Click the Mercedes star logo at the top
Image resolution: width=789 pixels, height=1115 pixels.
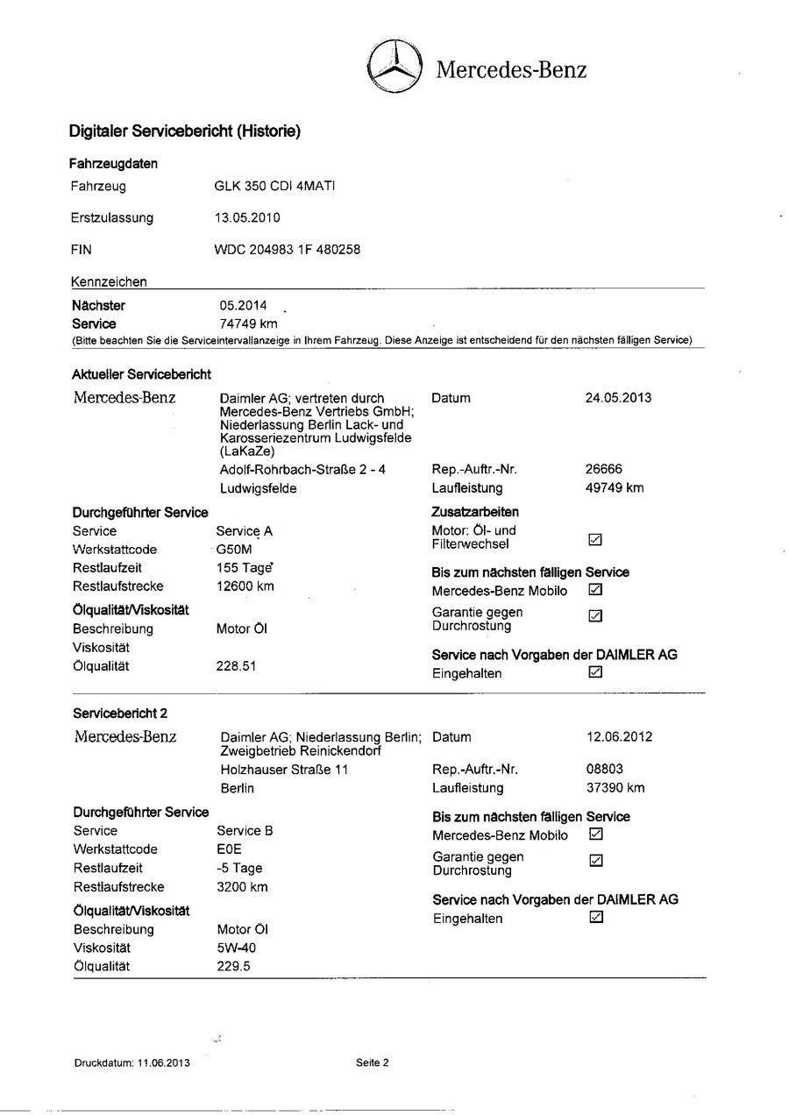[x=394, y=67]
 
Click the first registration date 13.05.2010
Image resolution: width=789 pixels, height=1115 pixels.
[x=248, y=217]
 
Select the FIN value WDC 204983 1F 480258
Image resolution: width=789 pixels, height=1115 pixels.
[x=287, y=249]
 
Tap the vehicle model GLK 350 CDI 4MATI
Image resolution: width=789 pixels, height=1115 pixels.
[x=275, y=186]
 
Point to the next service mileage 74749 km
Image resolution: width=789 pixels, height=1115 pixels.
[x=248, y=323]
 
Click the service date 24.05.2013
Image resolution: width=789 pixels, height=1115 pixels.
[x=618, y=398]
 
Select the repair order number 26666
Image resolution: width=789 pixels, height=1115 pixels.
[x=604, y=469]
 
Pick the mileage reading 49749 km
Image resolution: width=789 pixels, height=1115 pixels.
[x=615, y=487]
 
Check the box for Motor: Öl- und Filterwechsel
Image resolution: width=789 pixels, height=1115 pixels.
[x=596, y=537]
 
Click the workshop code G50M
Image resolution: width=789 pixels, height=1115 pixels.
[x=235, y=550]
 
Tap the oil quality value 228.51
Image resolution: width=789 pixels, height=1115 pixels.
[x=236, y=666]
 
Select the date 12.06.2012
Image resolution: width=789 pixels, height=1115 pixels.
[x=619, y=737]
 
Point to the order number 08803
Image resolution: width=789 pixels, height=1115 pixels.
[x=605, y=770]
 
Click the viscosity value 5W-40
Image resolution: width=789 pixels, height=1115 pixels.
[x=237, y=948]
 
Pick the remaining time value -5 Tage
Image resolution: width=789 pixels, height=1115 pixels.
[x=239, y=868]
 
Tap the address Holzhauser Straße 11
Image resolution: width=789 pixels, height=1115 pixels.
[x=284, y=770]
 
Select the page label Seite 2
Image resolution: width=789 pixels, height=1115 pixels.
[x=373, y=1063]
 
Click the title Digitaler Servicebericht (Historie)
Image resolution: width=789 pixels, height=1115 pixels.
[x=185, y=132]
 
